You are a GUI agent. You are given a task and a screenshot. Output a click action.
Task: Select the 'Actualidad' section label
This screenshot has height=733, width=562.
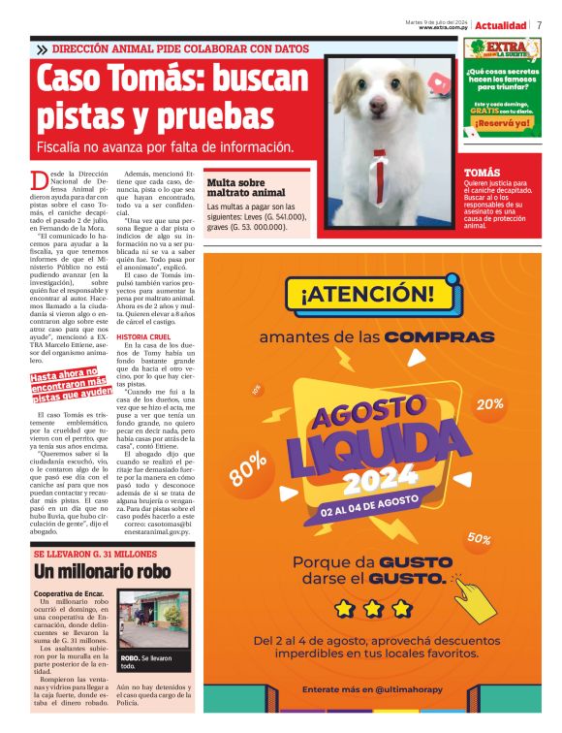coord(501,24)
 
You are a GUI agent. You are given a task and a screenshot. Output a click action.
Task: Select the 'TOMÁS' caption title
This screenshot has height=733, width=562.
coord(476,171)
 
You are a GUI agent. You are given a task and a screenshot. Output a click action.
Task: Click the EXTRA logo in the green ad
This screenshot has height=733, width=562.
coord(503,49)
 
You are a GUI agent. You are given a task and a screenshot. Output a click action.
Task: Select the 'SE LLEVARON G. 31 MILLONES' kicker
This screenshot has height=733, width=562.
coord(87,554)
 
